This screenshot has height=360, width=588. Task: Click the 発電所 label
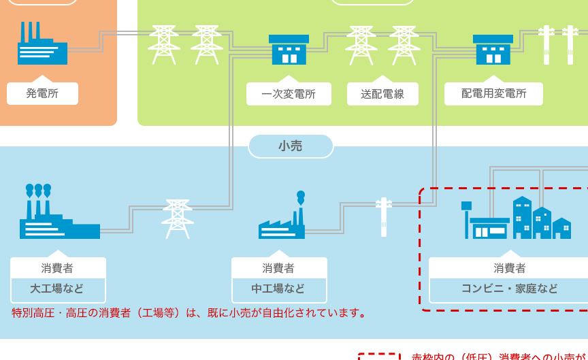point(42,94)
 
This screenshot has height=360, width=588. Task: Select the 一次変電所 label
point(289,94)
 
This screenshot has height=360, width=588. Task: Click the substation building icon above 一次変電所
point(289,50)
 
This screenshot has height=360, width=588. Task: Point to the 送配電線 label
point(382,94)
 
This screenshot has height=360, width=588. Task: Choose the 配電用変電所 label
point(493,94)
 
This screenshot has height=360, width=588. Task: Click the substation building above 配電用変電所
point(493,50)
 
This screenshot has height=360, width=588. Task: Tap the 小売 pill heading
point(291,146)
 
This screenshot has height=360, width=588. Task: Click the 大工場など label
point(58,289)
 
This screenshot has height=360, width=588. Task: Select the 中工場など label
point(279,289)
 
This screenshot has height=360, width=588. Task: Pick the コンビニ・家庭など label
point(509,289)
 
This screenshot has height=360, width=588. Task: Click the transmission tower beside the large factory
point(178,218)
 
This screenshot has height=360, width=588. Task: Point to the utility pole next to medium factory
point(384,216)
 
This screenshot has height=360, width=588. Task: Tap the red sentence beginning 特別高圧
point(190,313)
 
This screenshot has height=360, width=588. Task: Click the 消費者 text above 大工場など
point(58,268)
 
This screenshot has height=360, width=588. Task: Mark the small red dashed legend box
point(379,356)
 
